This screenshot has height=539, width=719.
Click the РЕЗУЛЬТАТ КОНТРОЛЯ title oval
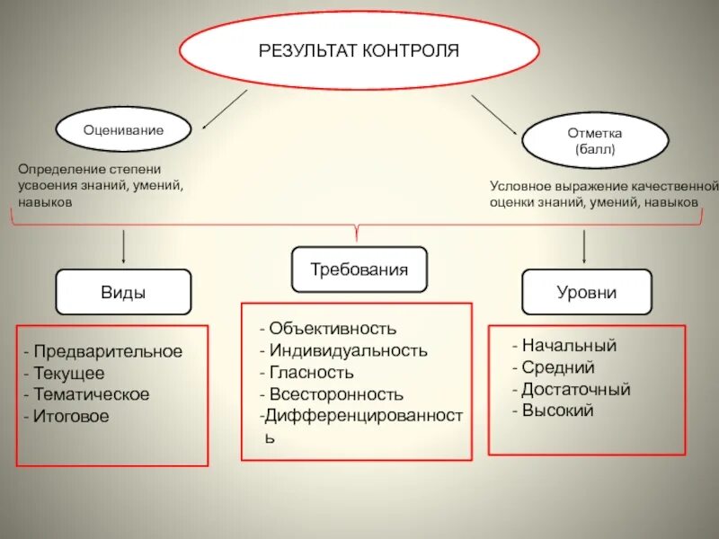[x=359, y=50]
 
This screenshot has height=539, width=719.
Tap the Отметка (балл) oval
[x=595, y=141]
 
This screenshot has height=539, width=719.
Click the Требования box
[x=359, y=269]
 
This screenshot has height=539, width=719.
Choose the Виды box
[x=124, y=292]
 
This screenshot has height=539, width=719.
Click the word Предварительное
[x=107, y=351]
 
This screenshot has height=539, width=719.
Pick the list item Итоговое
[x=71, y=416]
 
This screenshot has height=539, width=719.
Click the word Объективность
[x=332, y=329]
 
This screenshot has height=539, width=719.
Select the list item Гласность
[x=311, y=372]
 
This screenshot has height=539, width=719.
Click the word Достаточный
[x=576, y=389]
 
